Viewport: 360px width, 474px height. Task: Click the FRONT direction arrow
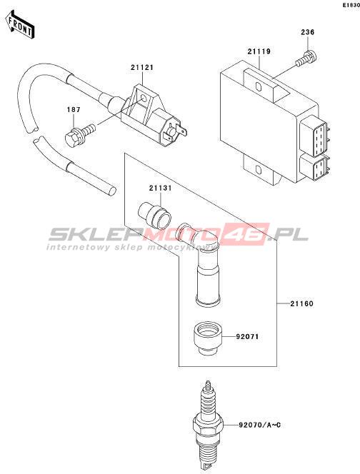[20, 25]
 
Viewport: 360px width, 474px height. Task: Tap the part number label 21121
[142, 68]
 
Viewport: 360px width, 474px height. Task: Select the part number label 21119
[259, 51]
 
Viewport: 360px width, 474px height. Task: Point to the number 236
[307, 32]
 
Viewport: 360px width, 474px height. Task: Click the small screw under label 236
[306, 59]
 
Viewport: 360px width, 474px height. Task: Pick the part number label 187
[74, 109]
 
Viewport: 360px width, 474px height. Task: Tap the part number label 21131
[160, 188]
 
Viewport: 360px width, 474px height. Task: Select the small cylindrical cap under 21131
[154, 215]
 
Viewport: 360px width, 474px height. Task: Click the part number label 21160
[301, 303]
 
